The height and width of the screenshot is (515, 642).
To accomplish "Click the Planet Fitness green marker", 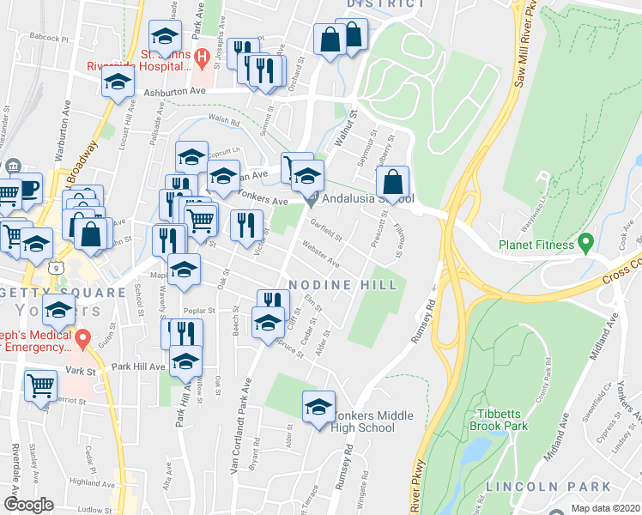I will (586, 244).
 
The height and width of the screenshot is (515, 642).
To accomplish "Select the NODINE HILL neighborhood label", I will (342, 284).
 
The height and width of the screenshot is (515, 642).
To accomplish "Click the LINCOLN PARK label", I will (536, 487).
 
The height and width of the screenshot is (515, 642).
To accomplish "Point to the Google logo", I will (28, 505).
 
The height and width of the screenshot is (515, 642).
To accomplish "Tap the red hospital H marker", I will (201, 58).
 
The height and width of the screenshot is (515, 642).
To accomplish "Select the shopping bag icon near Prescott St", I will (392, 182).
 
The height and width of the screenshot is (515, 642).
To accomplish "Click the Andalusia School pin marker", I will (312, 199).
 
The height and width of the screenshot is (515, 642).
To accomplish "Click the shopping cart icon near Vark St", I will (40, 385).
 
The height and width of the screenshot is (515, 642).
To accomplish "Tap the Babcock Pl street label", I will (47, 39).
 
